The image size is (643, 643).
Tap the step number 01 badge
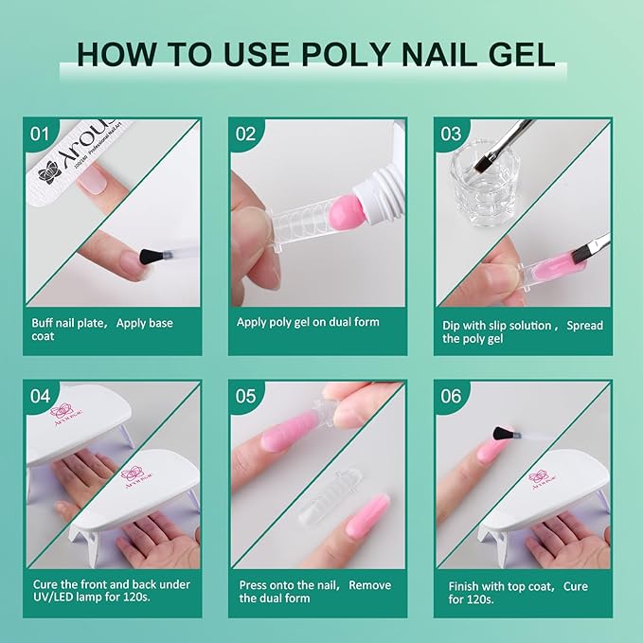[39, 134]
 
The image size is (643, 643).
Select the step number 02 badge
[245, 134]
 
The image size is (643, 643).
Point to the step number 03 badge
[450, 134]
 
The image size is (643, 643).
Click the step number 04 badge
[39, 396]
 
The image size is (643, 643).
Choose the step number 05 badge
[245, 396]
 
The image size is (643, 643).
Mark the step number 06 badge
[451, 396]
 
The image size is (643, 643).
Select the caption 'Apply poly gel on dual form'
[308, 322]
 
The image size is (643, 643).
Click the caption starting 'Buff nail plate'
[101, 330]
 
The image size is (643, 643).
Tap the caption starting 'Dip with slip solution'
[522, 331]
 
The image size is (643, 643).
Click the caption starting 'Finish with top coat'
[518, 593]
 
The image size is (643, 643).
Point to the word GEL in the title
[516, 53]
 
